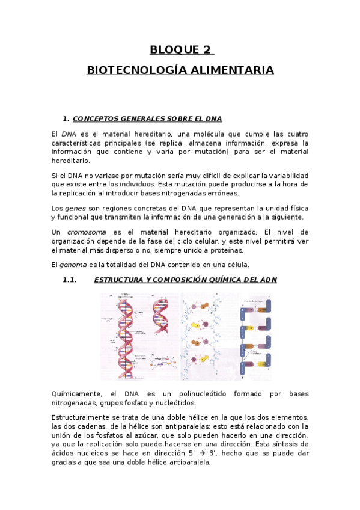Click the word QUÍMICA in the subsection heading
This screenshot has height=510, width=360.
(x=207, y=280)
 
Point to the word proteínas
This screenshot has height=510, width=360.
(x=209, y=250)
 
